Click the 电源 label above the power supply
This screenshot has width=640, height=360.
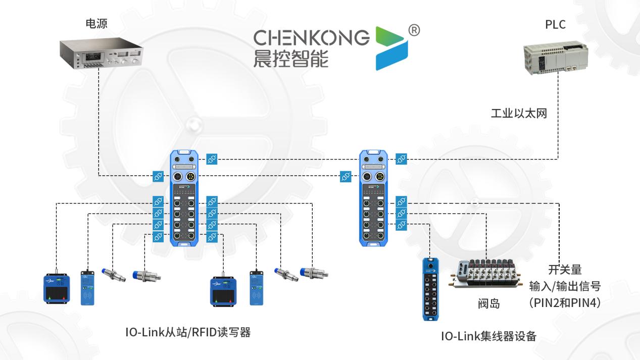tap(96, 24)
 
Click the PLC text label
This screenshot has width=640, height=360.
tap(555, 24)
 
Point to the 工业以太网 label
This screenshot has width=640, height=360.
tap(519, 113)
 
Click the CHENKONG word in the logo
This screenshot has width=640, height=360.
tap(311, 37)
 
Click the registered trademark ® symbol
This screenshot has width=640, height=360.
tap(413, 31)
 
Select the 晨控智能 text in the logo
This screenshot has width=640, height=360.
tap(290, 59)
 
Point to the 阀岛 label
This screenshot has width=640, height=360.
tap(488, 303)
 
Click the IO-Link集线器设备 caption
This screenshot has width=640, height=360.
tap(488, 336)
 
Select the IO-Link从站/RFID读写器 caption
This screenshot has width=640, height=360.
tap(188, 333)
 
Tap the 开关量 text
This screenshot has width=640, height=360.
tap(565, 270)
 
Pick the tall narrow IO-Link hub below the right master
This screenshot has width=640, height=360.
tap(431, 289)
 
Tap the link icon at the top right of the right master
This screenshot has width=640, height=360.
tap(402, 159)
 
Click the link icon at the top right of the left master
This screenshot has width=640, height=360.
tap(212, 159)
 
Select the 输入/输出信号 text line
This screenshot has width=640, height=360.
tap(565, 287)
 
